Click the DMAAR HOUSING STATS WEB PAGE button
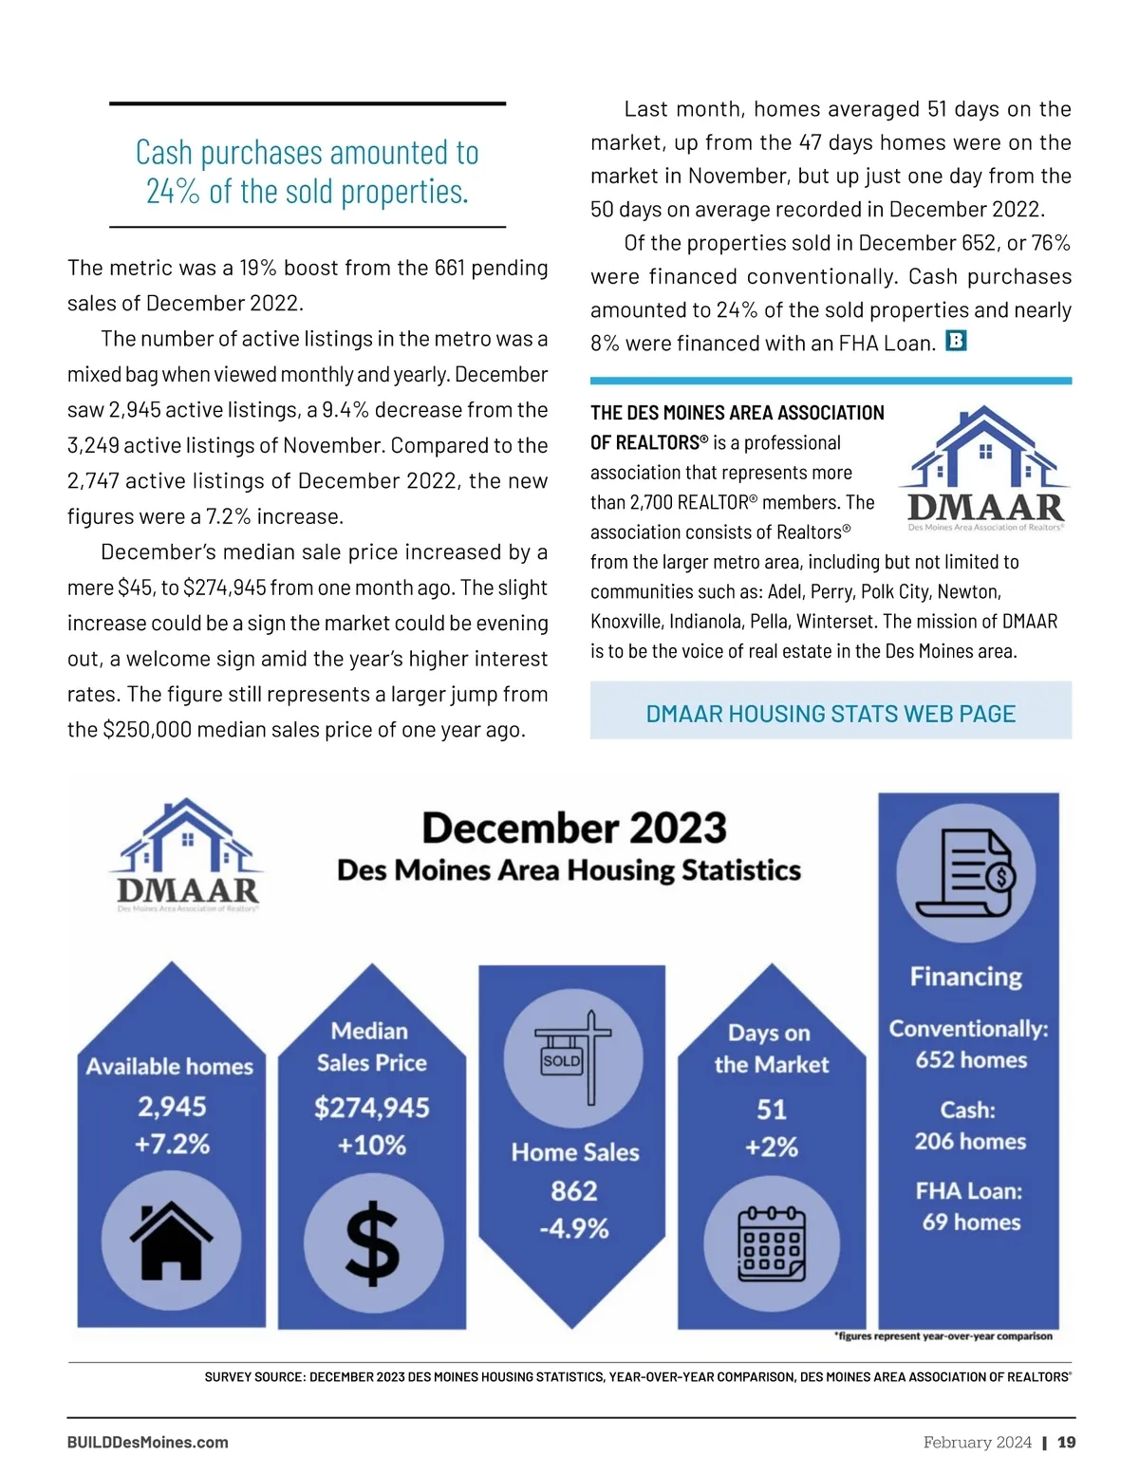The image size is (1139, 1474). tap(831, 713)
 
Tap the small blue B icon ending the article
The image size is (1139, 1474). tap(956, 341)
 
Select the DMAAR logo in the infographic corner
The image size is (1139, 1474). tap(187, 853)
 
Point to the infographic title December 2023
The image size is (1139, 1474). tap(574, 828)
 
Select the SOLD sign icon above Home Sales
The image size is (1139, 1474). tap(573, 1057)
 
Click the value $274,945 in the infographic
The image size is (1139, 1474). tap(372, 1108)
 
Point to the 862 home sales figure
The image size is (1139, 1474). tap(574, 1190)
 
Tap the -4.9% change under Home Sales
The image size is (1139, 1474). tap(574, 1228)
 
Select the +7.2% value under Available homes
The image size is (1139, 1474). tap(172, 1144)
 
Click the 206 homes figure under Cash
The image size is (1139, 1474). tap(970, 1141)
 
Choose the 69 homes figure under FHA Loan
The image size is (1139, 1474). tap(971, 1222)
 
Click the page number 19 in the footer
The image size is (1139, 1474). tap(1067, 1442)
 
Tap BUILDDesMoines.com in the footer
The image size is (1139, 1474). tap(147, 1442)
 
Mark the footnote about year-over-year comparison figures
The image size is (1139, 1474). tap(943, 1335)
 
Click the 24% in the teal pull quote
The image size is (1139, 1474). tap(173, 192)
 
